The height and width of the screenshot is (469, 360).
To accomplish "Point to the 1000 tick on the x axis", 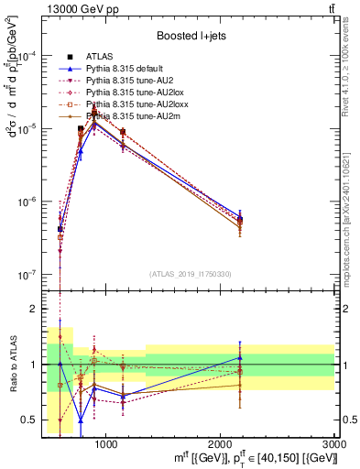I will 106,443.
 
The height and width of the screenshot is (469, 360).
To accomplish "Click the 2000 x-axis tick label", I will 221,443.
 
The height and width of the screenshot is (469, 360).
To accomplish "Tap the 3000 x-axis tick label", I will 335,443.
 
